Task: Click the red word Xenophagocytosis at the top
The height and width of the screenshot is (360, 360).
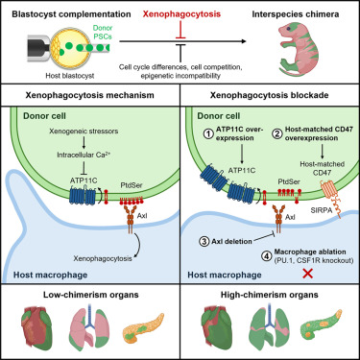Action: coord(181,14)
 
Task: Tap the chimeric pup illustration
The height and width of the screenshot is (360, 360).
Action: coord(295,49)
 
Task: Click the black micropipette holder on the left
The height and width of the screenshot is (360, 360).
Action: coord(38,48)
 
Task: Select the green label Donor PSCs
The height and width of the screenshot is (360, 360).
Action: coord(103,33)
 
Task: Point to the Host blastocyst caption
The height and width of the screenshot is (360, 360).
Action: coord(70,76)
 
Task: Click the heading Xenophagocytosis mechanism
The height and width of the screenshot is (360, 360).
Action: coord(90,95)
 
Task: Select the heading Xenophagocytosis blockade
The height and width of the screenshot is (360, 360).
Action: coord(269,95)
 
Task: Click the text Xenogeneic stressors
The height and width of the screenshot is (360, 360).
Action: coord(84,132)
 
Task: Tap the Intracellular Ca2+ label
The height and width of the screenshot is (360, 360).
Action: coord(84,155)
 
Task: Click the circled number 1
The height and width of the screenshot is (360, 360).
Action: coord(208,133)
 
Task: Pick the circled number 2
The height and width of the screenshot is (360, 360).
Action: coord(277,133)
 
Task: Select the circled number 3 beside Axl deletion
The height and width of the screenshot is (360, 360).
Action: coord(204,241)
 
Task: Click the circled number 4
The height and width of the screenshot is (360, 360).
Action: coord(268,255)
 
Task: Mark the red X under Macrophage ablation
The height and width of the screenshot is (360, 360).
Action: coord(308,274)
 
